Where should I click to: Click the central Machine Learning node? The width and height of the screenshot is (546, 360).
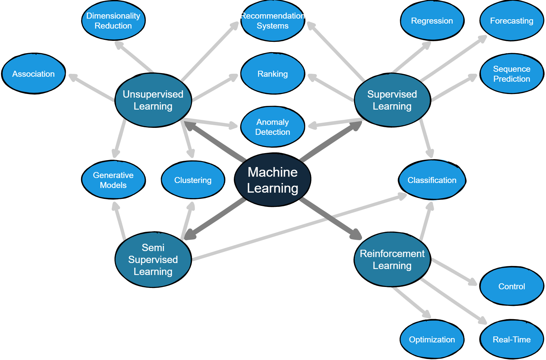coord(272,180)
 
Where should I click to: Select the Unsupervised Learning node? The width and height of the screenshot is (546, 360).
coord(153,100)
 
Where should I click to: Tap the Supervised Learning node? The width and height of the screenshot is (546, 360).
coord(392,100)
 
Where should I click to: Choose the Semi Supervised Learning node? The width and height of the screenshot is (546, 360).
coord(153,259)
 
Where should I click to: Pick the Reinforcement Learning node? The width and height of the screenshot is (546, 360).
coord(392,259)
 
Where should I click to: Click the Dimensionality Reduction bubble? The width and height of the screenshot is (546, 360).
coord(113,21)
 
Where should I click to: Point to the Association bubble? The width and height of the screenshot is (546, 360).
coord(34,74)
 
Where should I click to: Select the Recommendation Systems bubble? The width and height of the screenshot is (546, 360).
coord(272,21)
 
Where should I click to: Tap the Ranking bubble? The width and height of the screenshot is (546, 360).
coord(272,74)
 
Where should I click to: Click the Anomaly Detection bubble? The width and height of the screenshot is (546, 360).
coord(272,127)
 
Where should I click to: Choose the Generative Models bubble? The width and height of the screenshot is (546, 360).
coord(113,180)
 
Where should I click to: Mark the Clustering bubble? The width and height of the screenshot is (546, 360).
coord(193,180)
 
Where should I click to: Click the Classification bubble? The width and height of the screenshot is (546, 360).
coord(432,180)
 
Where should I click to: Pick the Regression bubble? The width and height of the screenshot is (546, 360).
coord(432,21)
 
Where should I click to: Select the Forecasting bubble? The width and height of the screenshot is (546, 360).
coord(511,21)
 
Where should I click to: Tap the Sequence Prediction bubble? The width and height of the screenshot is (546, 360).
coord(511,74)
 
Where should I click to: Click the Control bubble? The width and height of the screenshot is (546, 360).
coord(511,286)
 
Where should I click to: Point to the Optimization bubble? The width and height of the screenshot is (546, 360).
coord(432,339)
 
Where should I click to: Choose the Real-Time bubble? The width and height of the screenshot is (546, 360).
coord(511,339)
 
